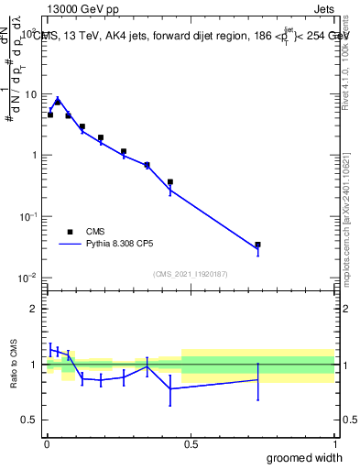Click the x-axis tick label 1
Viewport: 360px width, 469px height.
pos(333,445)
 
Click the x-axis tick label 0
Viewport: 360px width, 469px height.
pos(47,445)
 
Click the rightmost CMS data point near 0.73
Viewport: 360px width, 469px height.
pos(258,245)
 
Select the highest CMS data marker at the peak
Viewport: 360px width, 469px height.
pos(58,102)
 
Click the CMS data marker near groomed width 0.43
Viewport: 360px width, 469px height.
pos(170,181)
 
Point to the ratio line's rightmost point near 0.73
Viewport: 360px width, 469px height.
pos(258,379)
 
